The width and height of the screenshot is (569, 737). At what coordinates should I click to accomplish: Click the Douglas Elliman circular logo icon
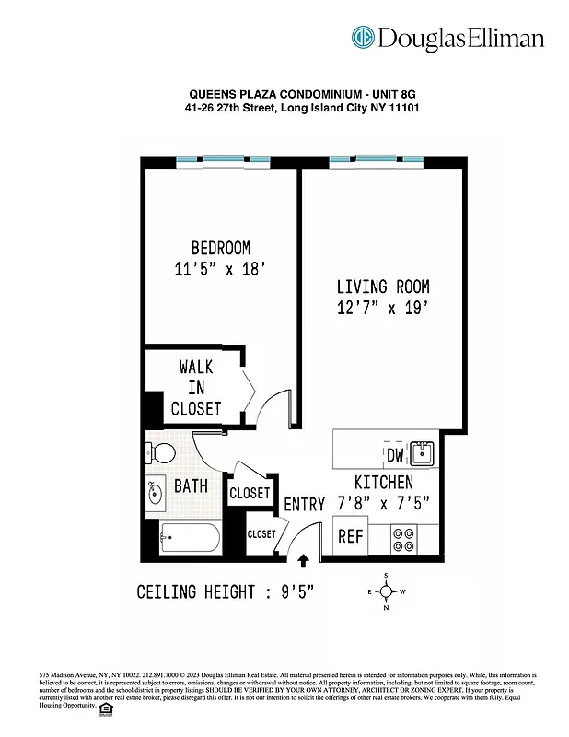363,37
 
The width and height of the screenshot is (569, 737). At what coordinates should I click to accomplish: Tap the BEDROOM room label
220,248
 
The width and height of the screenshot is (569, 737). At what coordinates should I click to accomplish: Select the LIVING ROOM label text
382,287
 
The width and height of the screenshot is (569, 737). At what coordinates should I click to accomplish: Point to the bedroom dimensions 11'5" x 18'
220,270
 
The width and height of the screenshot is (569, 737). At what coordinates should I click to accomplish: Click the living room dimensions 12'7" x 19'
382,309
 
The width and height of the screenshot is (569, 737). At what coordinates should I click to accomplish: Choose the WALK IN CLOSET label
196,388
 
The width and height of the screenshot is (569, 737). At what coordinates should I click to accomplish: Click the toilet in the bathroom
162,453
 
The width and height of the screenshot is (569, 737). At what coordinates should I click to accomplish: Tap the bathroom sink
154,493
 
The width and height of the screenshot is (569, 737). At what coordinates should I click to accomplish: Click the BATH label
192,485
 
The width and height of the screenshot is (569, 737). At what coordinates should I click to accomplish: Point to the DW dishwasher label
395,455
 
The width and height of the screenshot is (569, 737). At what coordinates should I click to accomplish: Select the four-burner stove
404,537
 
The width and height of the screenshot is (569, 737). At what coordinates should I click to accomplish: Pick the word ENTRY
304,505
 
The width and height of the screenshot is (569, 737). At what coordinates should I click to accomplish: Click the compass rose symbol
388,591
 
